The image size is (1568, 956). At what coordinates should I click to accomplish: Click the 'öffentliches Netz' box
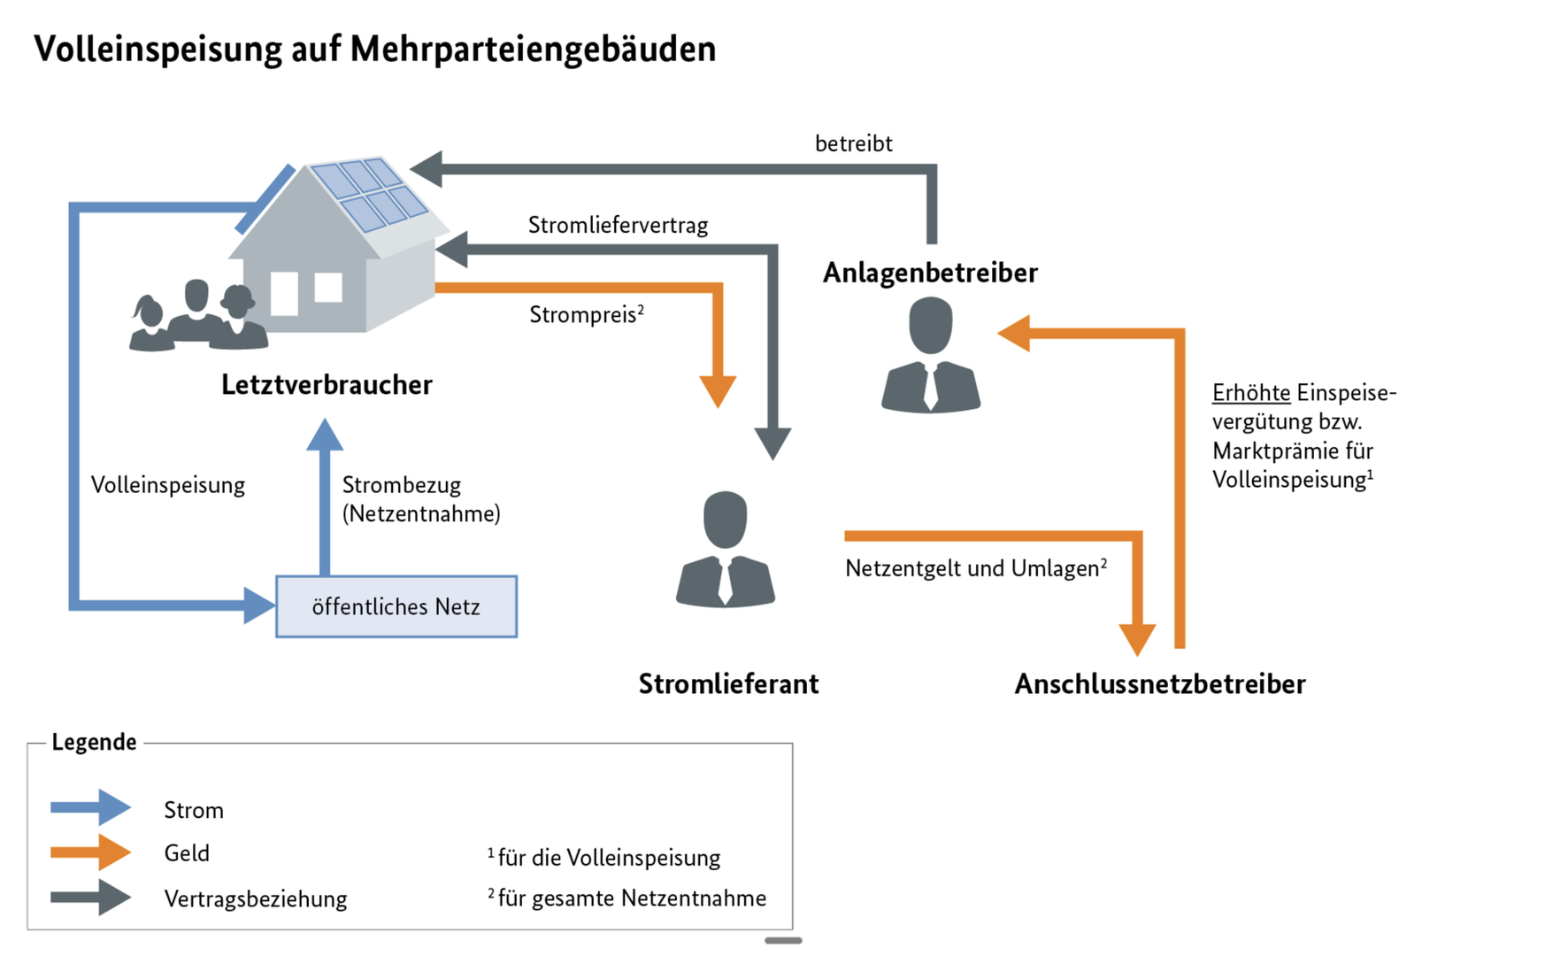(396, 606)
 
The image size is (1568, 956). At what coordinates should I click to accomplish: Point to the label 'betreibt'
(853, 143)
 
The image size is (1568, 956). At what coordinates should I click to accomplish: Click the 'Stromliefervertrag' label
(618, 225)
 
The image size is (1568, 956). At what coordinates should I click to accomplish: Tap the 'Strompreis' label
(584, 314)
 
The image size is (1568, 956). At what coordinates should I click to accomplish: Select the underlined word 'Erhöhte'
(1250, 392)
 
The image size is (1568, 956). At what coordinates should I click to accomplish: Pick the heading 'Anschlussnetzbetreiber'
(1159, 683)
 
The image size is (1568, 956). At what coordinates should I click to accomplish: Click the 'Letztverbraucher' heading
(327, 384)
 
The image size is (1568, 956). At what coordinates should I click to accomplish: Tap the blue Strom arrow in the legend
(91, 807)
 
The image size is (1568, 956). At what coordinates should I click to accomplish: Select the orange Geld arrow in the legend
(91, 852)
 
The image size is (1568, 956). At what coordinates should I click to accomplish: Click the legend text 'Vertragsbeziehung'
(255, 898)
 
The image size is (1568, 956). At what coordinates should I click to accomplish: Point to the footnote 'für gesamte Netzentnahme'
(631, 898)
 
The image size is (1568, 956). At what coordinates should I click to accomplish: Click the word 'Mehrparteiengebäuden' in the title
(533, 49)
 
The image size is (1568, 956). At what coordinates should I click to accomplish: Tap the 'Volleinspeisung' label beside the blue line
(168, 485)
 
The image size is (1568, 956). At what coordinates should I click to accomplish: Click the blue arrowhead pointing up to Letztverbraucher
(325, 435)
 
